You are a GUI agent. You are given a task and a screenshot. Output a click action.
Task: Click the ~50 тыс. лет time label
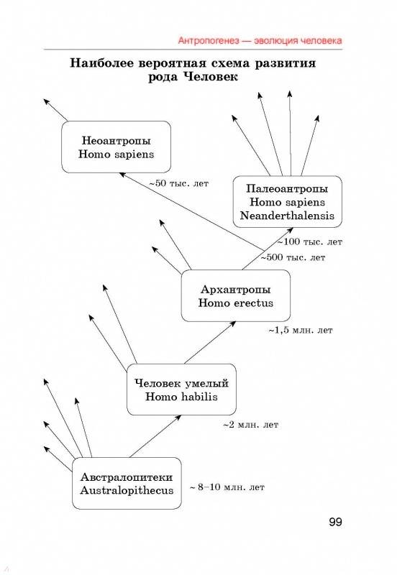tap(178, 183)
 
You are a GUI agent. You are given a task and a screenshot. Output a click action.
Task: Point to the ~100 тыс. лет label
tap(309, 242)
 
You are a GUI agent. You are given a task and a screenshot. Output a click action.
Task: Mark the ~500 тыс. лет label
tap(293, 257)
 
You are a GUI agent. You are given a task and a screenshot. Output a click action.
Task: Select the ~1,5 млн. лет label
tap(301, 331)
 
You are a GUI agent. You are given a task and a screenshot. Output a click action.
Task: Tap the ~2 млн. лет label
tap(250, 425)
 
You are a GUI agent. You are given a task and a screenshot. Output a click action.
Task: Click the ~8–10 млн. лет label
tap(227, 487)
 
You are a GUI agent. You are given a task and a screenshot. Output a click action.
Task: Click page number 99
tap(335, 522)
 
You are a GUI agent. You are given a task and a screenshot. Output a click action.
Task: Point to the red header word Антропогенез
tap(209, 40)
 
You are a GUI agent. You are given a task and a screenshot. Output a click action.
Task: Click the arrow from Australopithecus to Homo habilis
tap(155, 436)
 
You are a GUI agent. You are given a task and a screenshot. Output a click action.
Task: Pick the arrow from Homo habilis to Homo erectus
tap(210, 343)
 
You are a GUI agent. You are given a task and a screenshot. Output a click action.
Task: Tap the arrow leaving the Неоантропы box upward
tap(56, 110)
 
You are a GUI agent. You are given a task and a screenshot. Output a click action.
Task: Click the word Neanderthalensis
tap(287, 215)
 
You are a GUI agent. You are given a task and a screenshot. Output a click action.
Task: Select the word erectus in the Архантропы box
tap(254, 303)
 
